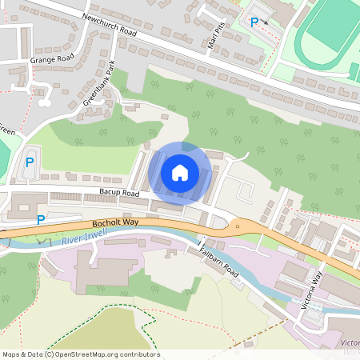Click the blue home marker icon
pyautogui.click(x=180, y=173)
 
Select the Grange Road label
pyautogui.click(x=51, y=58)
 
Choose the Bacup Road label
pyautogui.click(x=119, y=194)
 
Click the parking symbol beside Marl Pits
pyautogui.click(x=254, y=23)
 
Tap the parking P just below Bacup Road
pyautogui.click(x=42, y=220)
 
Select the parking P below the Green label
pyautogui.click(x=30, y=162)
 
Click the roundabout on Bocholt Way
pyautogui.click(x=237, y=226)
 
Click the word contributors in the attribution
pyautogui.click(x=138, y=354)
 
